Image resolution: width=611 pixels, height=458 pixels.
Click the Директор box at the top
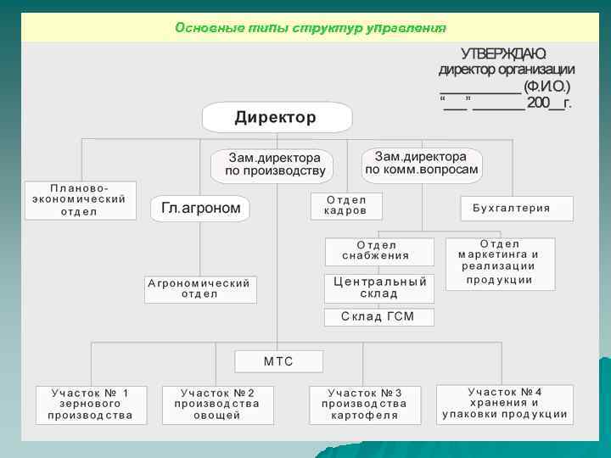pyautogui.click(x=277, y=117)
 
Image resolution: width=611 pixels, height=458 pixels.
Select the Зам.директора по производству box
pyautogui.click(x=272, y=165)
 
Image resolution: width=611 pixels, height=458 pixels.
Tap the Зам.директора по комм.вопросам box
pyautogui.click(x=422, y=163)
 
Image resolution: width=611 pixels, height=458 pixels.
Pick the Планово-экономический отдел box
pyautogui.click(x=80, y=199)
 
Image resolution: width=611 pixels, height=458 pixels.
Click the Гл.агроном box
pyautogui.click(x=200, y=208)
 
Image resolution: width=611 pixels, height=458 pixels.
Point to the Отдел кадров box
pyautogui.click(x=346, y=205)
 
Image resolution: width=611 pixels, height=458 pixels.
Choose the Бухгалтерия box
pyautogui.click(x=517, y=208)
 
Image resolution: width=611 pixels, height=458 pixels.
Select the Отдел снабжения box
pyautogui.click(x=378, y=251)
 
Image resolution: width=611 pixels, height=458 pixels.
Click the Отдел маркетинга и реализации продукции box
pyautogui.click(x=500, y=263)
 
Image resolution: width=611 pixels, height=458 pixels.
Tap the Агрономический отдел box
pyautogui.click(x=200, y=289)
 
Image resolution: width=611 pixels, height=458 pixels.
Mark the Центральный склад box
pyautogui.click(x=378, y=288)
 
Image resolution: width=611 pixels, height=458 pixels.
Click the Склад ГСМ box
pyautogui.click(x=378, y=316)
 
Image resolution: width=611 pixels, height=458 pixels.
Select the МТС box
pyautogui.click(x=278, y=361)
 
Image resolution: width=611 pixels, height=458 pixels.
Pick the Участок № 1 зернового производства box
pyautogui.click(x=91, y=405)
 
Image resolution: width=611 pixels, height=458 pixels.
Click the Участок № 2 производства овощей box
pyautogui.click(x=216, y=405)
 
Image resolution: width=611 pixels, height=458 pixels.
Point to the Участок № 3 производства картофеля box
pyautogui.click(x=366, y=405)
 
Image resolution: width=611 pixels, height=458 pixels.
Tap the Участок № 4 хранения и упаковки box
pyautogui.click(x=504, y=404)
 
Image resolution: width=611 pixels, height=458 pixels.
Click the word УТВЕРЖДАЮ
pyautogui.click(x=503, y=53)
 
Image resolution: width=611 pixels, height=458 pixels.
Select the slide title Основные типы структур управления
pyautogui.click(x=310, y=28)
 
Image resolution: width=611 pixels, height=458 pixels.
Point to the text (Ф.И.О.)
pyautogui.click(x=547, y=86)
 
